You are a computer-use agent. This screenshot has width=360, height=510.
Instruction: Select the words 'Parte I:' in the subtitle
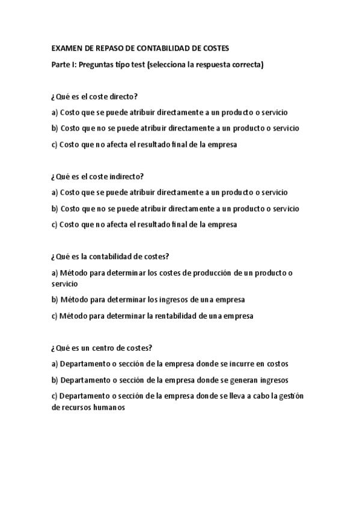pos(64,65)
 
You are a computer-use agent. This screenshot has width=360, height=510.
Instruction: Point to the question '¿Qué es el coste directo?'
pos(95,96)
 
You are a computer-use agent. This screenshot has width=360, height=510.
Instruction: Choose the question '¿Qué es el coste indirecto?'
pos(98,176)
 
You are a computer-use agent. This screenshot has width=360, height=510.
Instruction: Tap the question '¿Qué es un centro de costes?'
pos(102,348)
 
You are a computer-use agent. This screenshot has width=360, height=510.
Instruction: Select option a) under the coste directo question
pos(169,112)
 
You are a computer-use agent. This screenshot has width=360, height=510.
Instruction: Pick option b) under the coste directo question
pos(175,128)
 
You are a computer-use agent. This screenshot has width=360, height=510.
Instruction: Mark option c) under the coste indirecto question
pos(144,224)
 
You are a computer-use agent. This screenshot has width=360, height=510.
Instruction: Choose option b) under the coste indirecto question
pos(175,208)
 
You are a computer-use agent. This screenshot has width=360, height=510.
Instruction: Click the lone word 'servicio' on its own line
pos(65,283)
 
